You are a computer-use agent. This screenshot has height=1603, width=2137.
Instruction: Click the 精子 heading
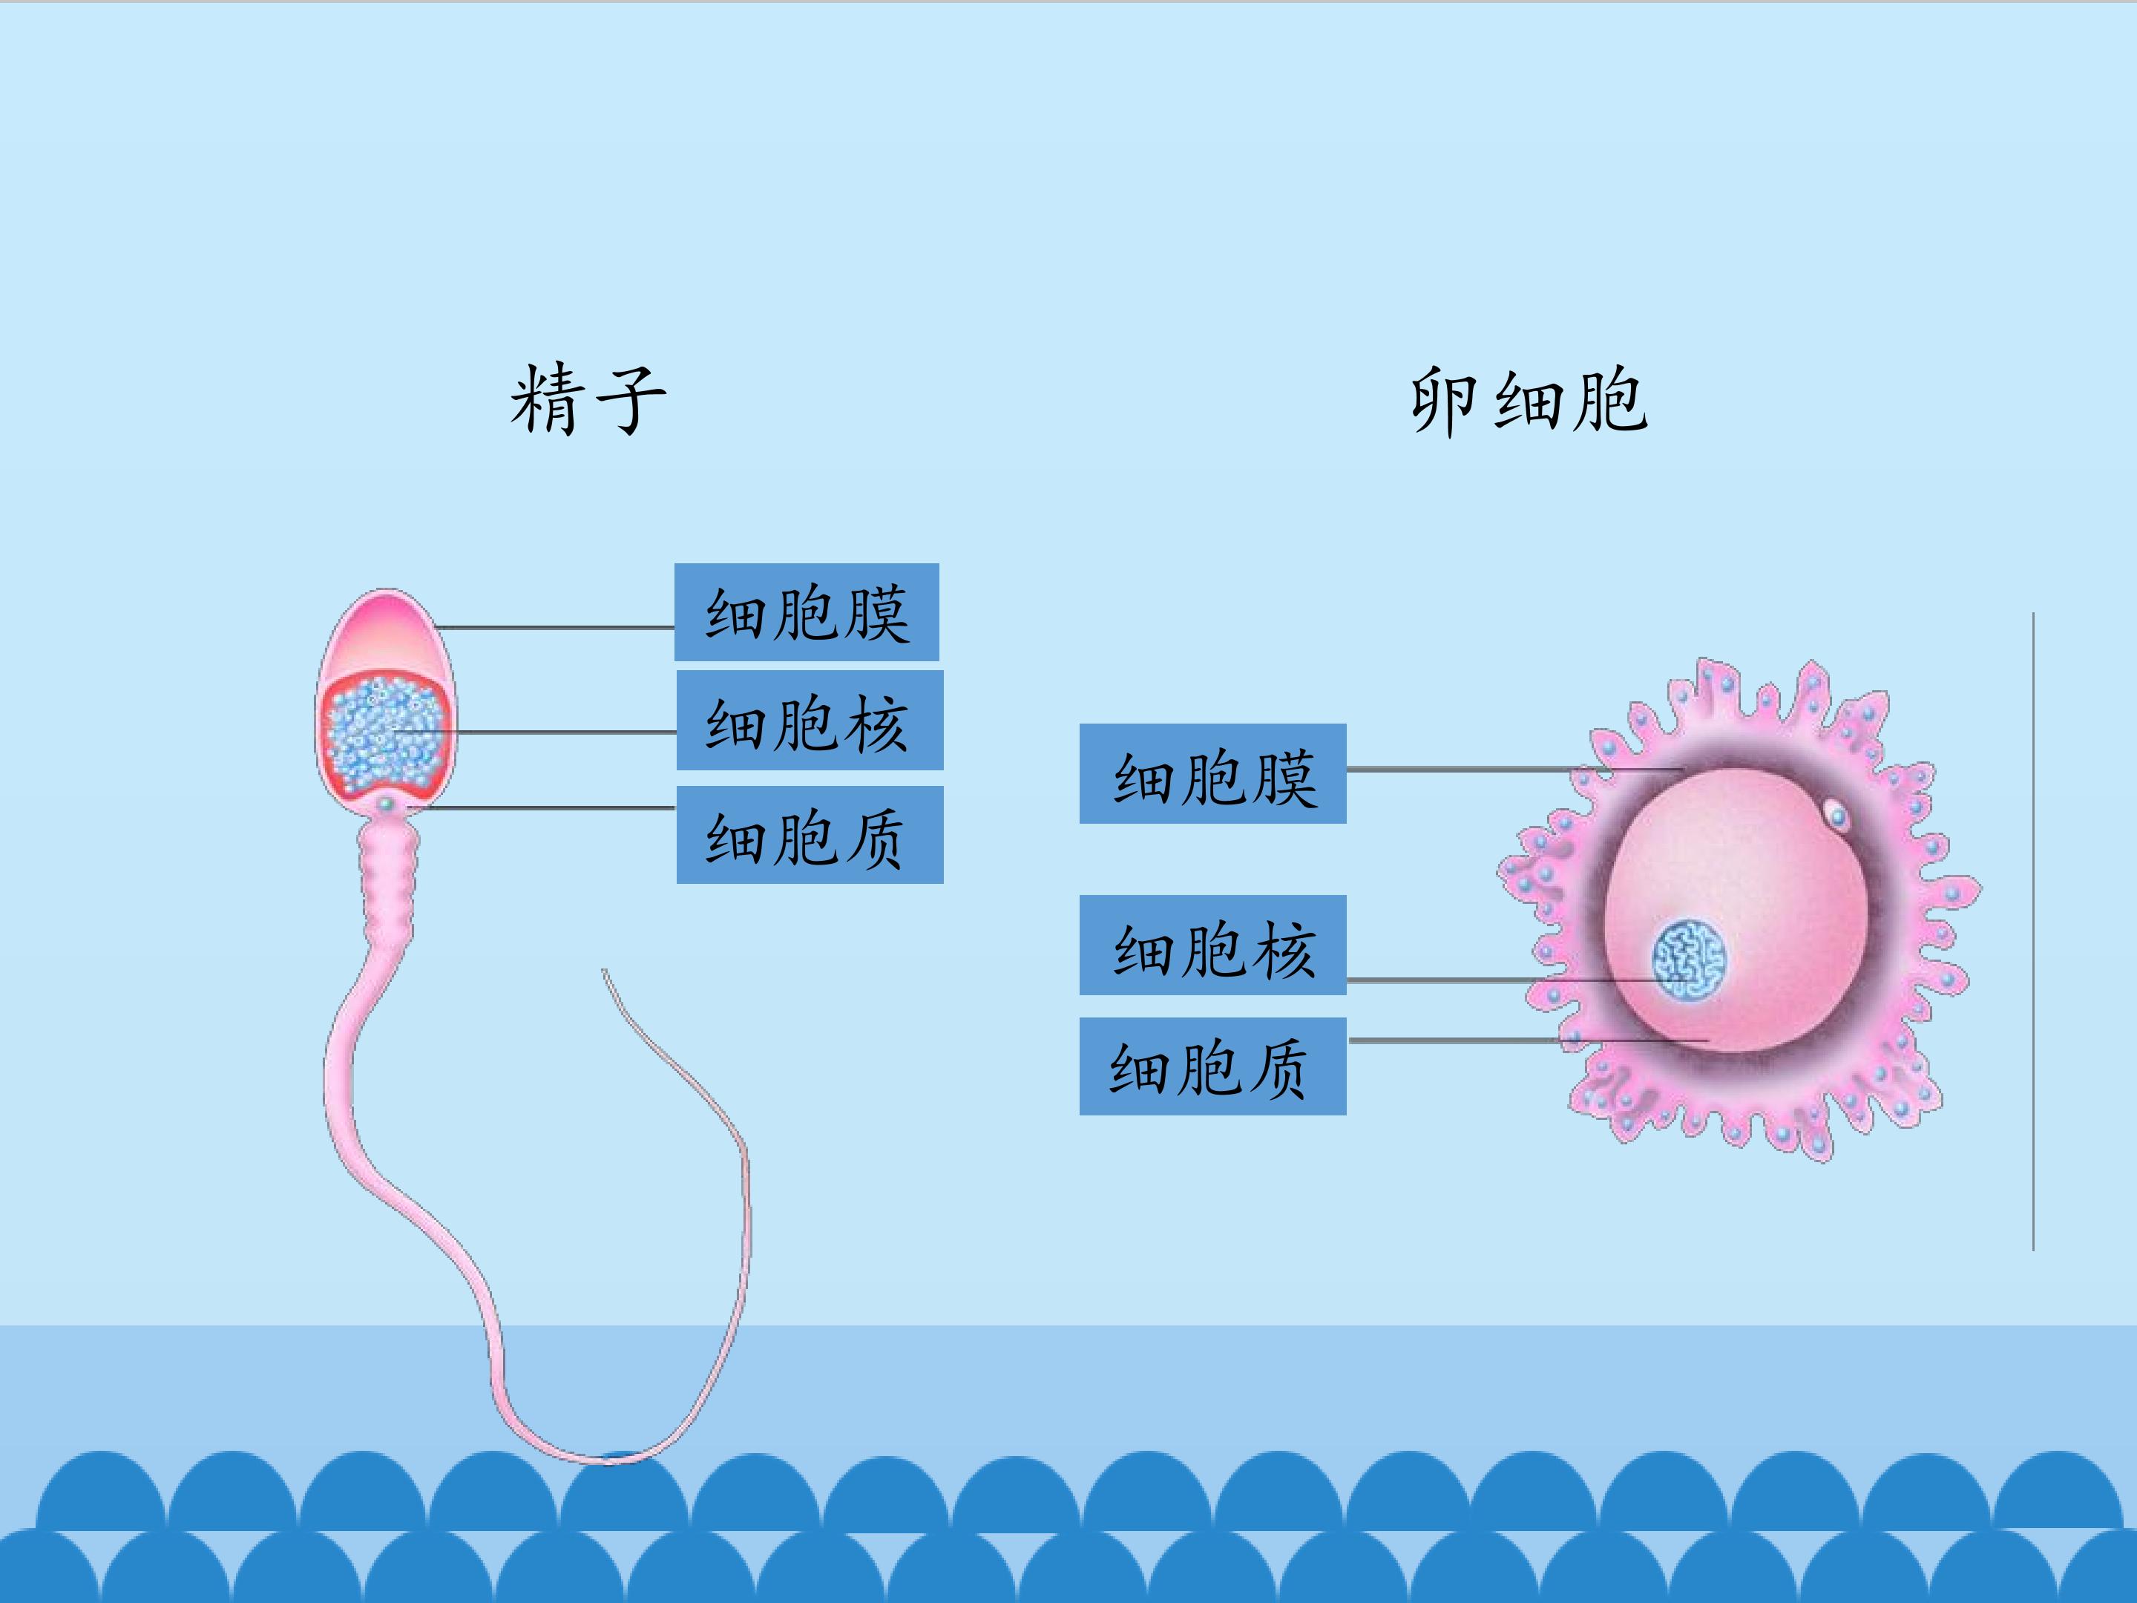[588, 400]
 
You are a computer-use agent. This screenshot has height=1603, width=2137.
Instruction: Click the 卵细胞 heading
[1529, 400]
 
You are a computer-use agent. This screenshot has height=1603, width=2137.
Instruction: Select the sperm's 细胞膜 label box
[807, 612]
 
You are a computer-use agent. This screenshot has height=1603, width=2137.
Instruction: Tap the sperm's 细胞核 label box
[810, 721]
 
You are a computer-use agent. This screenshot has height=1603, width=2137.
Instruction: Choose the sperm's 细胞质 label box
[810, 835]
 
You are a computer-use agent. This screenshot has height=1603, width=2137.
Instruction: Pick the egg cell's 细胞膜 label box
[1212, 774]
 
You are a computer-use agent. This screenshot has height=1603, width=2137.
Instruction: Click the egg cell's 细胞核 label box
[1212, 945]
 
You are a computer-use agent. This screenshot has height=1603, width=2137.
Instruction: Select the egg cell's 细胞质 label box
[1212, 1066]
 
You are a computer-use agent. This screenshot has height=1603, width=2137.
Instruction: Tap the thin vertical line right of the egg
[2032, 928]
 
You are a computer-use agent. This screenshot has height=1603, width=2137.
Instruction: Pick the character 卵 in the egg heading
[1442, 400]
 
